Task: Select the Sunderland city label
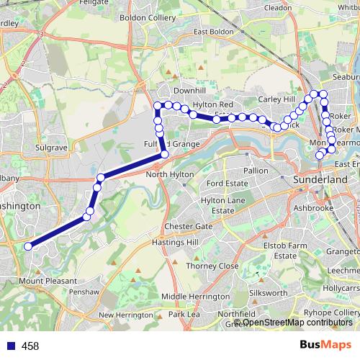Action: click(320, 178)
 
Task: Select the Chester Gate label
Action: click(188, 226)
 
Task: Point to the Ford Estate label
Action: click(227, 184)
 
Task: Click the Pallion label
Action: click(256, 171)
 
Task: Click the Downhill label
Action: click(189, 91)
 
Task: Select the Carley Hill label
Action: click(278, 100)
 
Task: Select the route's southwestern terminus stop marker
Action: click(29, 246)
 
